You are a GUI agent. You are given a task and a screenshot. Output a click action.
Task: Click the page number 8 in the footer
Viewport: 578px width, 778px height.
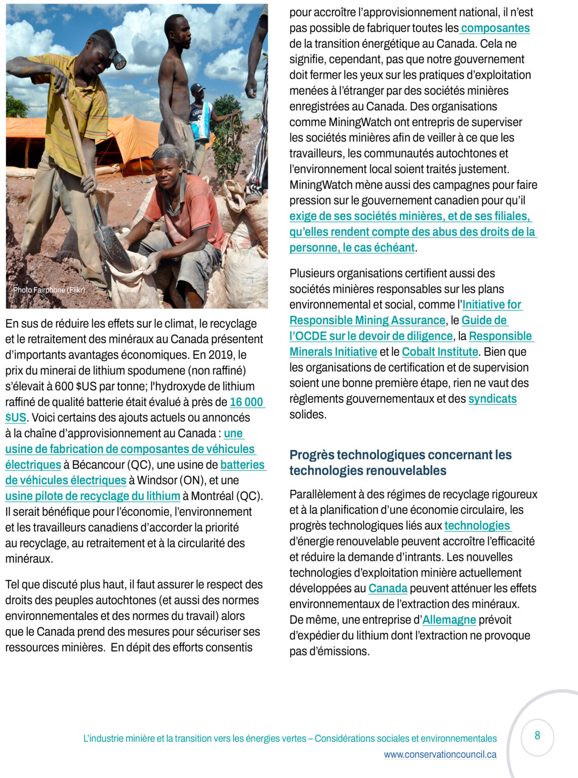[x=537, y=735]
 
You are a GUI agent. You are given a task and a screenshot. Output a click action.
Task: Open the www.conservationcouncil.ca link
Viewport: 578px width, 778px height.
[x=440, y=754]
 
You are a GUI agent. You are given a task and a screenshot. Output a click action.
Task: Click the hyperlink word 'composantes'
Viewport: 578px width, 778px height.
[x=496, y=28]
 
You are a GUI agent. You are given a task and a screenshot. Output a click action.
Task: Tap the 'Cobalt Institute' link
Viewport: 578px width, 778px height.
[x=440, y=352]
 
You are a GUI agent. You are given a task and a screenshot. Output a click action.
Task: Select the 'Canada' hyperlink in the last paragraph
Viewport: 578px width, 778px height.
[x=388, y=589]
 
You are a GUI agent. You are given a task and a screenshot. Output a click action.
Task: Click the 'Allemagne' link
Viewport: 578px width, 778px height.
[x=449, y=620]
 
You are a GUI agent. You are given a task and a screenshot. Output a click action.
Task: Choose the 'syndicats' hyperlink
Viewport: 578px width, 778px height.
[x=492, y=399]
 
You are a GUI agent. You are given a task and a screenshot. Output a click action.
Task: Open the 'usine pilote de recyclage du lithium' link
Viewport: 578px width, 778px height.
[x=93, y=496]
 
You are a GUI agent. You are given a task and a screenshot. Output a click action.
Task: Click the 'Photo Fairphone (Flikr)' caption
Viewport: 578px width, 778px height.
[x=49, y=290]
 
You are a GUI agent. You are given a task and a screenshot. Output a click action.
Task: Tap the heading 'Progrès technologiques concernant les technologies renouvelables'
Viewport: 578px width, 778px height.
[x=400, y=462]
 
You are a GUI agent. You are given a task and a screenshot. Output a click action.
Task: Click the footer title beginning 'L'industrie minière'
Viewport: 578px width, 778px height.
[x=290, y=738]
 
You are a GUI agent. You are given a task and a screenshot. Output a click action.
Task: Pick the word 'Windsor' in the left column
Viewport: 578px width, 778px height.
[x=156, y=481]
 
